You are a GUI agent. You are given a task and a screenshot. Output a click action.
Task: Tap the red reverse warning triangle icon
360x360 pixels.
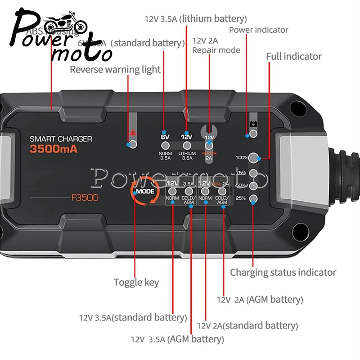click(133, 133)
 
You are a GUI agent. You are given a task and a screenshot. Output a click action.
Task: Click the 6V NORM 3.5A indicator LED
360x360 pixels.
click(165, 145)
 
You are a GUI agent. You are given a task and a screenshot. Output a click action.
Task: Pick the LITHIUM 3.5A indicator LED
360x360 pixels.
click(187, 145)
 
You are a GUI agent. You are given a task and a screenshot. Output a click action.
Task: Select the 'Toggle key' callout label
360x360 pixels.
click(136, 283)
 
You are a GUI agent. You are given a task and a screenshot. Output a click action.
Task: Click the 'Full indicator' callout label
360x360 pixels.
click(294, 57)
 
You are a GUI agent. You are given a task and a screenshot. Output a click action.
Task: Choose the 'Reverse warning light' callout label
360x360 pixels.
click(115, 69)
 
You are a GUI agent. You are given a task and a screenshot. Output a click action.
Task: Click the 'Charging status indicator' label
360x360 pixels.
click(283, 272)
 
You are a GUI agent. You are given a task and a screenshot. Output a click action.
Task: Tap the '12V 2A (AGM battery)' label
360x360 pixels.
click(260, 299)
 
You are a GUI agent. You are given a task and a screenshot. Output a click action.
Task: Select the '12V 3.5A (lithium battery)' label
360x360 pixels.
click(196, 19)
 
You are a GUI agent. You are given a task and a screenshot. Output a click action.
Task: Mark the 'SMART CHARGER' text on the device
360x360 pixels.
click(61, 139)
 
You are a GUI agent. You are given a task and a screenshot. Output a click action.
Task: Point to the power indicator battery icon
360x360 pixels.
click(253, 125)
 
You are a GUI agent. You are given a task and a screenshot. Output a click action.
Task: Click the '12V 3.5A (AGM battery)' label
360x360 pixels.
click(177, 339)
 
